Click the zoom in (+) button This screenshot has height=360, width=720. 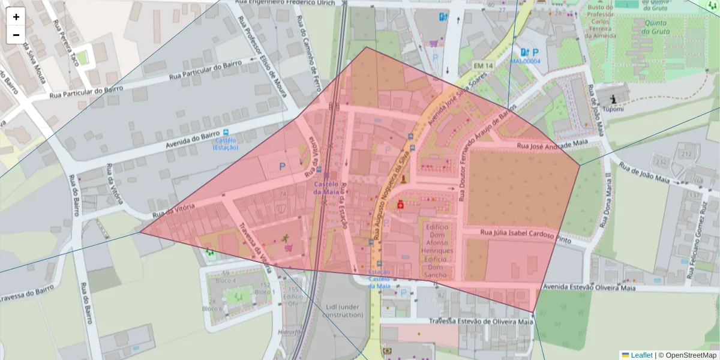tap(16, 17)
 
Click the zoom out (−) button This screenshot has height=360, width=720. tap(16, 35)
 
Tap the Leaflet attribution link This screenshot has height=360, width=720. tap(641, 355)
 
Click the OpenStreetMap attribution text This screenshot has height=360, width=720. tap(691, 355)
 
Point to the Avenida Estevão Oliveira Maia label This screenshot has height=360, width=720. tap(589, 287)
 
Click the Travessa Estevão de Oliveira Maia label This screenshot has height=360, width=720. tap(481, 322)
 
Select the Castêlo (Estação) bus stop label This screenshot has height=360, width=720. tap(225, 143)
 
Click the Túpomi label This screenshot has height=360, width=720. tap(614, 109)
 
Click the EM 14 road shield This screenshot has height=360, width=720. tap(482, 65)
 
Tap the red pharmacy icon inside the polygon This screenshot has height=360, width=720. tap(400, 205)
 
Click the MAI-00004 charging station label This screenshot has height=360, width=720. tap(525, 61)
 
